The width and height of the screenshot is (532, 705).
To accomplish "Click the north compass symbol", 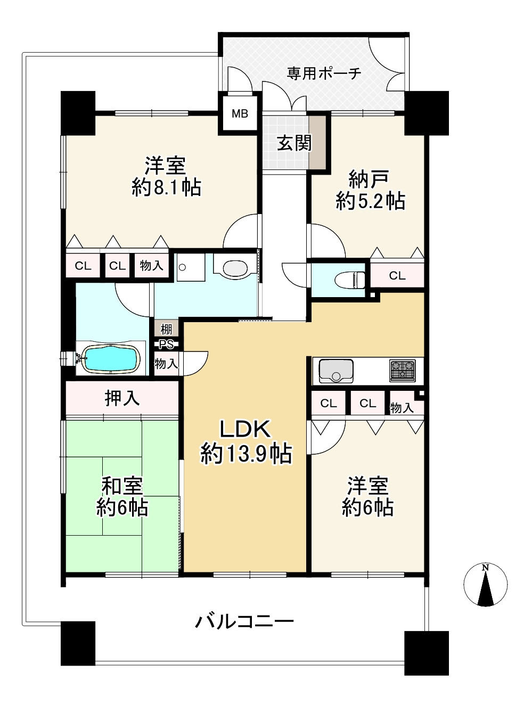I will coord(485,585).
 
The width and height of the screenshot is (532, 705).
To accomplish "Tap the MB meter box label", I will coord(240,113).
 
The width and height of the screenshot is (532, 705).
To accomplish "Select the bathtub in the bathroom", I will coord(110,358).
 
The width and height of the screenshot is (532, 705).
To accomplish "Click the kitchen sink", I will coord(335,371).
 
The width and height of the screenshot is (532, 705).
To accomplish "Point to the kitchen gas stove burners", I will coord(402,370).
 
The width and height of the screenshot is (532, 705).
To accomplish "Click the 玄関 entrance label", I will coord(294,143).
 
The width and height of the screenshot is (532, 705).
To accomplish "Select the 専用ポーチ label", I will coord(324,73).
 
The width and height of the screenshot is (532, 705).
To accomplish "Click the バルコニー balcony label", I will coord(244,621).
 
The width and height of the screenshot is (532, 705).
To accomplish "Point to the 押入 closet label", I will coord(122,398).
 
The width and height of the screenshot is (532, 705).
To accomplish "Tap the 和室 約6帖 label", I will coord(122,497).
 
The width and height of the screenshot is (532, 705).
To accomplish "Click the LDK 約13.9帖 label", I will coord(245,441).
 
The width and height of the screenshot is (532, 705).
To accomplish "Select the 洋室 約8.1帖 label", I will coord(166,177).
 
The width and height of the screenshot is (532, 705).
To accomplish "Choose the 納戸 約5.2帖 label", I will coord(370,191).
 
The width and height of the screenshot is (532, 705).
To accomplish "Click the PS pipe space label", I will coord(167,345).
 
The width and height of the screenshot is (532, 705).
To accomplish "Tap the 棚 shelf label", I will coord(166,329).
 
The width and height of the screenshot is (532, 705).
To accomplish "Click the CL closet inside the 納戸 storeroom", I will coord(397,275).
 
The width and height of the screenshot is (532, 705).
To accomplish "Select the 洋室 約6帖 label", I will coord(367,497).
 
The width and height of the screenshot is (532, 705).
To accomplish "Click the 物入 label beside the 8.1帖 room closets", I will coord(151,265).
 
